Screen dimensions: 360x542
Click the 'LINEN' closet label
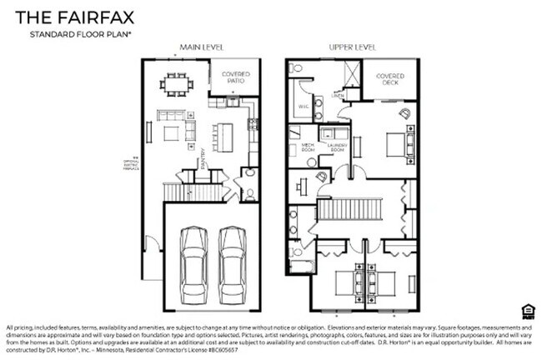(x=338, y=96)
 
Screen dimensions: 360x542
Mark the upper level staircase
(x=349, y=207)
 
